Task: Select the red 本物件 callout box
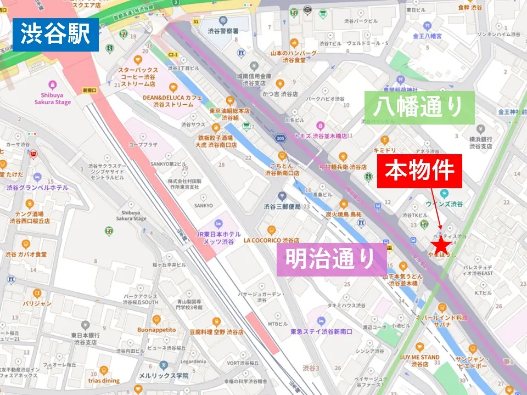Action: tap(419, 171)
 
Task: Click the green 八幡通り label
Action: tap(419, 108)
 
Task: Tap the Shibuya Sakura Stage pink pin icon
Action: tap(53, 85)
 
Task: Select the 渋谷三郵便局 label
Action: tap(282, 207)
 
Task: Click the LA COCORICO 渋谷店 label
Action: tap(272, 240)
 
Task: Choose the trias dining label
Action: tap(103, 381)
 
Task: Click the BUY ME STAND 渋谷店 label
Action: tap(420, 360)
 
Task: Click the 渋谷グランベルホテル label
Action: tap(37, 188)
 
